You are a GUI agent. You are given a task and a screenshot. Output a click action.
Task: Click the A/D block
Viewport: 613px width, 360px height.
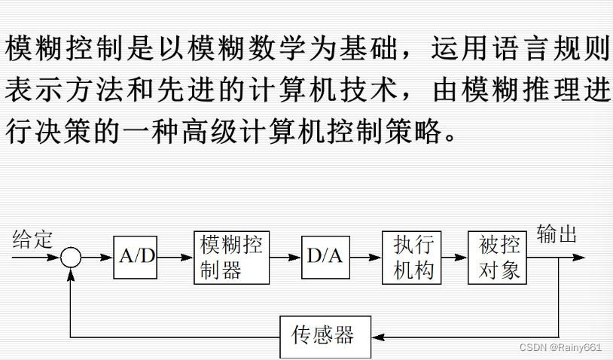[136, 257]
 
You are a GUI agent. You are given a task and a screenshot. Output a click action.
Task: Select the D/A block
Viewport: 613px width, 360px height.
[325, 257]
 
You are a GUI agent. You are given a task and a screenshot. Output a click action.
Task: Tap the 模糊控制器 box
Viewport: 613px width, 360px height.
[231, 257]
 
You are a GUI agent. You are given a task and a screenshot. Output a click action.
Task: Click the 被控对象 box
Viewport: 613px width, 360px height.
[497, 257]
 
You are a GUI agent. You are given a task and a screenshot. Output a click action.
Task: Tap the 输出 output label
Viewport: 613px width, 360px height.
[557, 235]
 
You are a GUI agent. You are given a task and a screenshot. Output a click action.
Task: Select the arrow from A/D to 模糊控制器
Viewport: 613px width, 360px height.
[175, 257]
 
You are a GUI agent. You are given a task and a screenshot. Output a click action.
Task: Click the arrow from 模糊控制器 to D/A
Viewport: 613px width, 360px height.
[285, 257]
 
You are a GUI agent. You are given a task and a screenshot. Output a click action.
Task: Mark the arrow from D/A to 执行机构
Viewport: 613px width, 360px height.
[365, 257]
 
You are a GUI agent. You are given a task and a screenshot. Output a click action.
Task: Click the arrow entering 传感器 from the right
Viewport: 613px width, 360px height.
[380, 336]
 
